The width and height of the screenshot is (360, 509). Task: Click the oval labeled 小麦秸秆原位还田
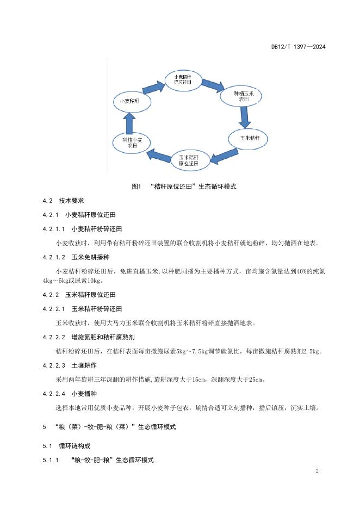(183, 79)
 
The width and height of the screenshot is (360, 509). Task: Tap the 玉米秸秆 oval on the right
(246, 139)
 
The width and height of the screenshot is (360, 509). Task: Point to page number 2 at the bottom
(316, 471)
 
